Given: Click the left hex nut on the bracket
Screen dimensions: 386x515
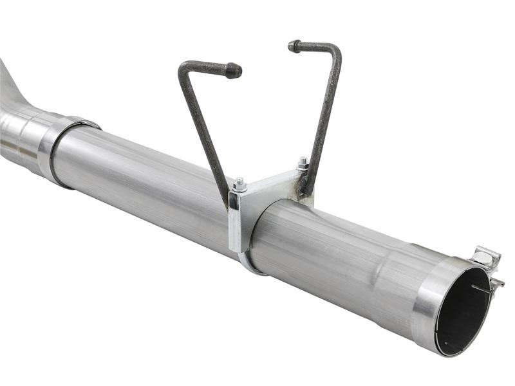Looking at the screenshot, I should [x=240, y=185].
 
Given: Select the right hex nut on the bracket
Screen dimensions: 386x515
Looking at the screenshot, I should [x=302, y=163].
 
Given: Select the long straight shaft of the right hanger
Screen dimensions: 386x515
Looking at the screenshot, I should [x=326, y=116].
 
